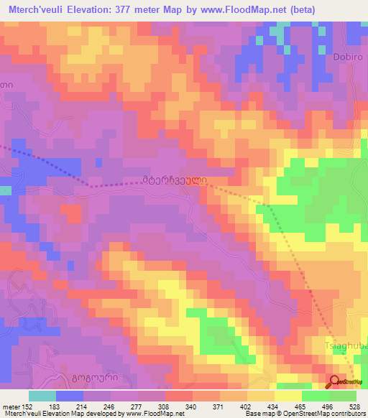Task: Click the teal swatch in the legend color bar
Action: [x=42, y=396]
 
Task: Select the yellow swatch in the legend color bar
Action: [x=287, y=396]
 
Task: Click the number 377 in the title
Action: [x=134, y=11]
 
